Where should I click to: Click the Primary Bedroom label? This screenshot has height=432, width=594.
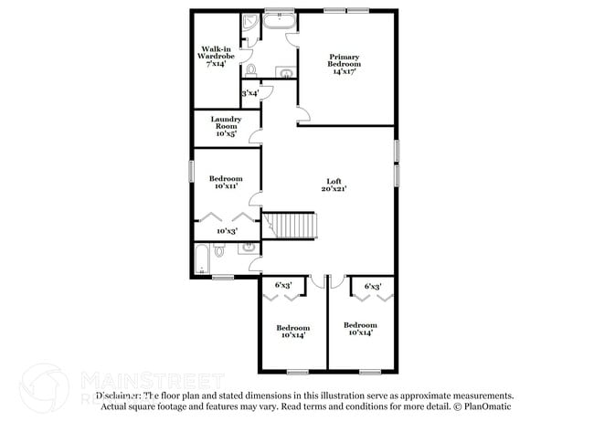click(x=345, y=61)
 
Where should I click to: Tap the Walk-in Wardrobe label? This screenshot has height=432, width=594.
click(x=217, y=57)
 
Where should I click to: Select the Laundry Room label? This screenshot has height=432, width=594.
click(x=226, y=126)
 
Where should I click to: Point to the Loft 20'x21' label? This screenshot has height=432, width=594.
click(x=334, y=185)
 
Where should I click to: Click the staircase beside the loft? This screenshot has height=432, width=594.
click(x=292, y=224)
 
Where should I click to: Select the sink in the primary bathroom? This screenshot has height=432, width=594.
click(x=286, y=72)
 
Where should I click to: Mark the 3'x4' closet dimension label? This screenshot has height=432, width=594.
click(x=249, y=93)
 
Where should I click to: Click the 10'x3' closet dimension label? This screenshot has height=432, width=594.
click(x=226, y=231)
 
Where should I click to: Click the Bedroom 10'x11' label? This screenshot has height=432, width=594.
click(x=226, y=182)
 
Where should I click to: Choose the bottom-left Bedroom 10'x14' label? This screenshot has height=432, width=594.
click(x=292, y=331)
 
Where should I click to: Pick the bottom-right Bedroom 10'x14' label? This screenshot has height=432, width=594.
click(x=359, y=329)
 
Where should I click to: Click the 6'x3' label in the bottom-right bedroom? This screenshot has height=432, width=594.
click(x=372, y=286)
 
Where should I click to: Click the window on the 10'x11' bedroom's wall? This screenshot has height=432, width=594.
click(x=191, y=171)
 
